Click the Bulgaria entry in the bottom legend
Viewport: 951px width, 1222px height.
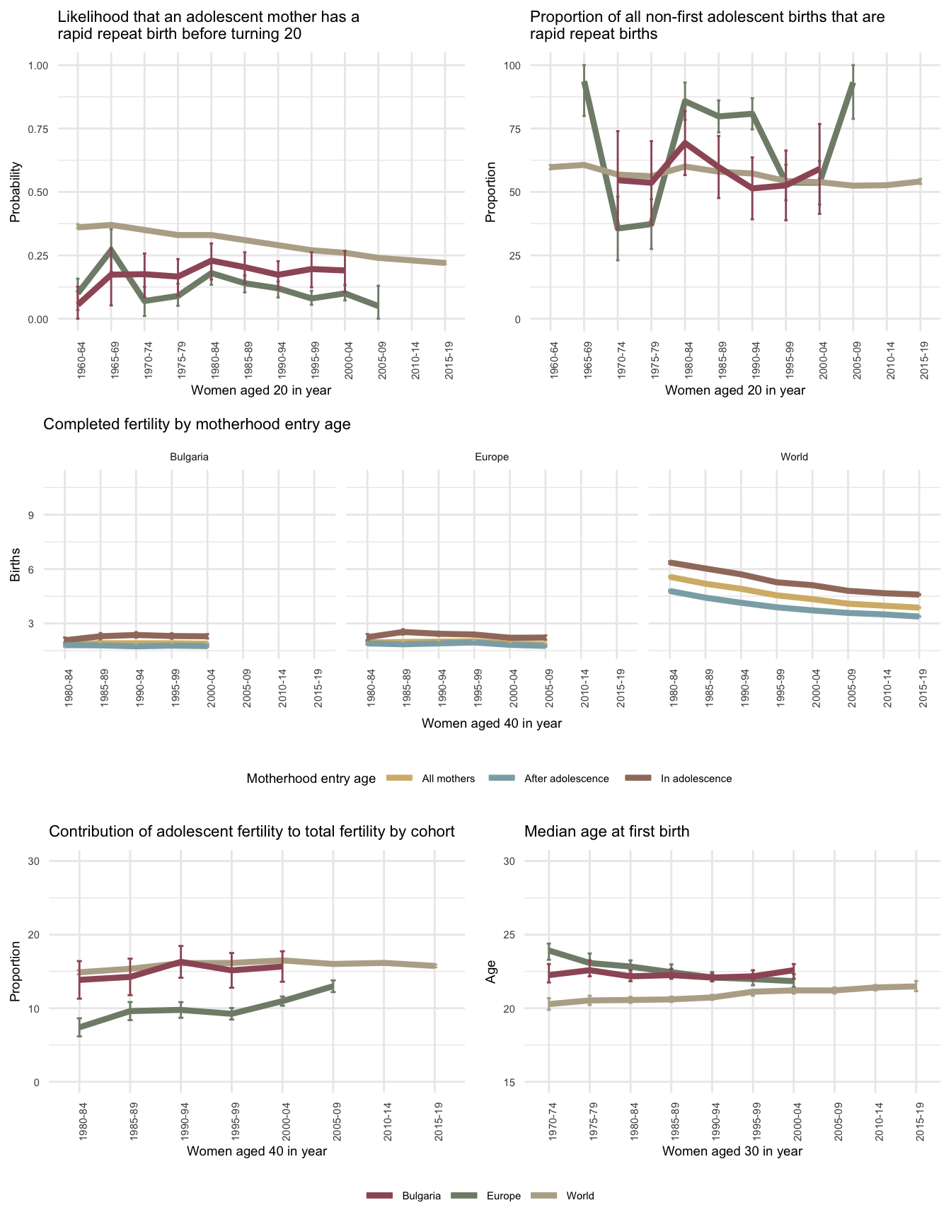click(421, 1196)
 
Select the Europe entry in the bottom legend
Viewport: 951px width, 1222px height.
click(503, 1196)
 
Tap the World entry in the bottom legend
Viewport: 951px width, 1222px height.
click(580, 1196)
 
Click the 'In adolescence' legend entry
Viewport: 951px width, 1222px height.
click(696, 779)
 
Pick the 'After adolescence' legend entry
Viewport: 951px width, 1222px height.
click(566, 779)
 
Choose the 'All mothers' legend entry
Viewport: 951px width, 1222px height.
click(448, 779)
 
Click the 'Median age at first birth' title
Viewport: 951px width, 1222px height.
click(606, 832)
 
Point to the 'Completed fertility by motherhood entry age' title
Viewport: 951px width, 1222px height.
click(197, 424)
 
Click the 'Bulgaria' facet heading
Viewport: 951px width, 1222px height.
click(189, 457)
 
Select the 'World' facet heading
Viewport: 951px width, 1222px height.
click(794, 457)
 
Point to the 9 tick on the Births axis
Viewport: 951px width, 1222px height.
click(31, 515)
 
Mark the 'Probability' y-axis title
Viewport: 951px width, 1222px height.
click(15, 192)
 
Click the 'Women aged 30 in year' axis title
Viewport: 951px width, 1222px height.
click(732, 1151)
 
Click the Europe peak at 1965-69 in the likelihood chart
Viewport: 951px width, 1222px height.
click(111, 249)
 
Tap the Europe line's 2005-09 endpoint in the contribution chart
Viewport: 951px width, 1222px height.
click(333, 985)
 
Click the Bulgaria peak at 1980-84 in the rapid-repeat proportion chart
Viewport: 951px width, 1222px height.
click(685, 143)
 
